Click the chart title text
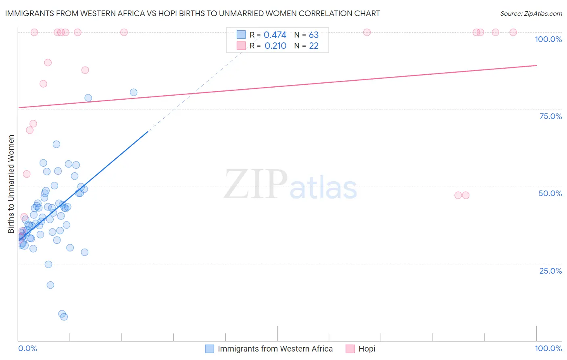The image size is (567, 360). (x=192, y=13)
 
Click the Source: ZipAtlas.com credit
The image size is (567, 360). (x=531, y=13)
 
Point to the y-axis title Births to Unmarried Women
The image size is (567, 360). (x=11, y=184)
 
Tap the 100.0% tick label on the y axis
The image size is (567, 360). (x=548, y=39)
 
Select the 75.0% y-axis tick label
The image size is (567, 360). (x=550, y=116)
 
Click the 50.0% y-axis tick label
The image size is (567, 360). (x=550, y=193)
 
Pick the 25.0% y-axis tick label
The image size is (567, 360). (x=550, y=270)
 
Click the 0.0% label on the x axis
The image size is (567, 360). (x=27, y=348)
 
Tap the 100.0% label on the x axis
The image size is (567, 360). (x=548, y=348)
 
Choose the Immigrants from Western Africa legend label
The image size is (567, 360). (x=275, y=349)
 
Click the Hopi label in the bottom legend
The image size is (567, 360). (x=367, y=349)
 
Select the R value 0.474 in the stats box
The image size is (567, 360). (x=275, y=35)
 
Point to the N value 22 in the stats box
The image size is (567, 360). (x=313, y=46)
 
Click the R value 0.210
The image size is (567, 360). (x=275, y=46)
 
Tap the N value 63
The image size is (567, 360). (x=313, y=35)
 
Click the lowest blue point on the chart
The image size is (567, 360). (x=64, y=317)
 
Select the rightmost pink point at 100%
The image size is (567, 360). (x=513, y=32)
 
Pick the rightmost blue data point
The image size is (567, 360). (x=133, y=92)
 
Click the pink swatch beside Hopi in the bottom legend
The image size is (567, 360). (x=350, y=349)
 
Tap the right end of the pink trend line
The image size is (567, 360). (x=536, y=65)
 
